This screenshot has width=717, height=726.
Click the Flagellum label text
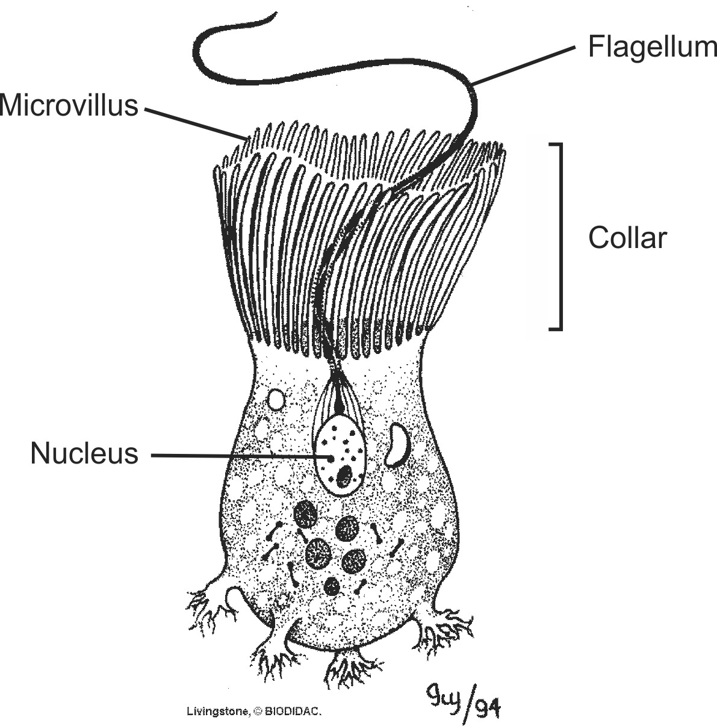point(652,48)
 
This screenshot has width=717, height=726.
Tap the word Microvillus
point(69,105)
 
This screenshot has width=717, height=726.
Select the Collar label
point(628,238)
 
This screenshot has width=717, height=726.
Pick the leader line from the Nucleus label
point(241,456)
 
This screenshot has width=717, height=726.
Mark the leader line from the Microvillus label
point(196,123)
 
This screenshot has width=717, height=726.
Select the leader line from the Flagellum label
point(523,65)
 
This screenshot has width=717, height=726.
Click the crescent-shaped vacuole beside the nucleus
point(396,444)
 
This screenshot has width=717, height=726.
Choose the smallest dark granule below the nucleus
point(332,586)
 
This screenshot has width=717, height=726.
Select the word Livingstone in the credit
point(217,711)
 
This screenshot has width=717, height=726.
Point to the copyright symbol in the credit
point(258,712)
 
